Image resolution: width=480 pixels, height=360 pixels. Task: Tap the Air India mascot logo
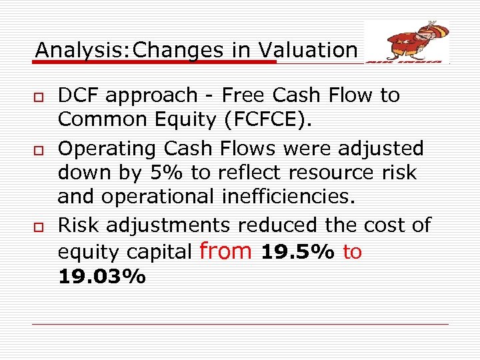tap(407, 41)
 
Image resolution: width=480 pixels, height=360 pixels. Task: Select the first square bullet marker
tap(39, 96)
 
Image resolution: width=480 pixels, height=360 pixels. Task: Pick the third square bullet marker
tap(39, 226)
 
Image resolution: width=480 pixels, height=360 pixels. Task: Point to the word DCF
tap(81, 95)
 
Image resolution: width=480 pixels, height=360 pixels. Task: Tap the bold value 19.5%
tap(298, 252)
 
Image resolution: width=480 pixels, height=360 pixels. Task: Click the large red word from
tap(225, 251)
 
